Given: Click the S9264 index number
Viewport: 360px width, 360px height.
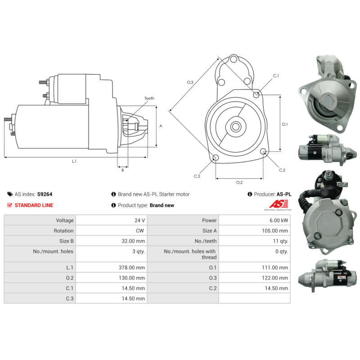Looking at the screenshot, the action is click(45, 194).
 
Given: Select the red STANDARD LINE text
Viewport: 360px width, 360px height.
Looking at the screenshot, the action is click(34, 205).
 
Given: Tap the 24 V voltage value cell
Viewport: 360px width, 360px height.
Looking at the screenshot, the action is click(139, 220).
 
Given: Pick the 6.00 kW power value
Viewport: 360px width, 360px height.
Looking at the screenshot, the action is click(279, 220).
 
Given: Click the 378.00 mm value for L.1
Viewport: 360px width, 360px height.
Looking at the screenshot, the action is click(132, 267).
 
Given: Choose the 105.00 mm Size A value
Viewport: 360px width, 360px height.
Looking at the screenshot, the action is click(275, 231).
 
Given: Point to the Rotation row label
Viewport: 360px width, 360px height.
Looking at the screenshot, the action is click(63, 231).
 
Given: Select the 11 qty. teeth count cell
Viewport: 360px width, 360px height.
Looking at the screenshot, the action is click(280, 241).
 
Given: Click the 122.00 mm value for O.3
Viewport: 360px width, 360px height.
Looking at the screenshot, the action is click(275, 278).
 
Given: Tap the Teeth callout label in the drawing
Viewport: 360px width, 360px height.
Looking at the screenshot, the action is click(149, 98).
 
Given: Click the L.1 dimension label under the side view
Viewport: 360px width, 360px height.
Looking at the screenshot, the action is click(74, 161).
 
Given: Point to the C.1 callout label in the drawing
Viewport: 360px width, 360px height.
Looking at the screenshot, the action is click(276, 76).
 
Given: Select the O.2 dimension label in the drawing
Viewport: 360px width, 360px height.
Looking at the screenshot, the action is click(239, 182).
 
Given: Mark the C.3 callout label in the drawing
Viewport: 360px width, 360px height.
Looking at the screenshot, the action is click(197, 176).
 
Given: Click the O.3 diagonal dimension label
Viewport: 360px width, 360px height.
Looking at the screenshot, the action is click(190, 82).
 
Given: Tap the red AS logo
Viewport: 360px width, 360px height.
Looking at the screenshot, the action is click(279, 204).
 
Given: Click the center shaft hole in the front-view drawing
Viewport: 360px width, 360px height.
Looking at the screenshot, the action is click(235, 126).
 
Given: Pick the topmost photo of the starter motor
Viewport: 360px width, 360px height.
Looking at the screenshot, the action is click(328, 94).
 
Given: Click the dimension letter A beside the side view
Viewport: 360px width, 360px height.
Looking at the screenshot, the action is click(161, 126).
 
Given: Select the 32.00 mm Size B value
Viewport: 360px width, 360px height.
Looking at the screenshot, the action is click(133, 241).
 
